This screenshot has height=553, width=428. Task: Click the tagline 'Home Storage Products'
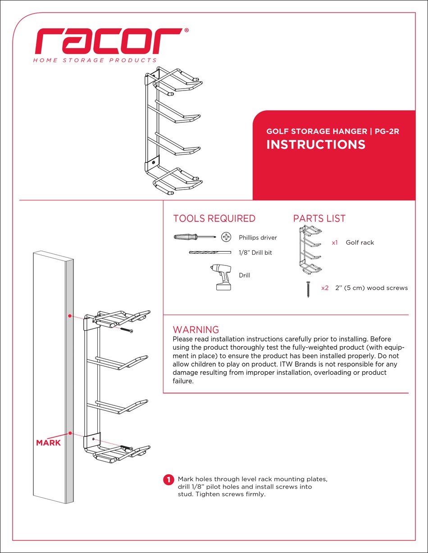coord(95,60)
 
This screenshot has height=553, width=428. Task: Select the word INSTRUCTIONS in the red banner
coord(316,144)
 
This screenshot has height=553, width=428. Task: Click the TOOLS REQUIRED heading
coord(214,219)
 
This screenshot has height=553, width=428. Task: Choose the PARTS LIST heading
coord(319,219)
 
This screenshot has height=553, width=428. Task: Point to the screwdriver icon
coord(194,237)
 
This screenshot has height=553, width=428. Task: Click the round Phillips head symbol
coord(227,237)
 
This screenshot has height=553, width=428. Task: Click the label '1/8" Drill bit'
coord(255,253)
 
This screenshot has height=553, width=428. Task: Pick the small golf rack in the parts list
coord(311,250)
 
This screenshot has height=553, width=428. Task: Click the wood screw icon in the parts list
coord(308,289)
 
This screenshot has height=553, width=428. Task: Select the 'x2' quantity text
coord(325,288)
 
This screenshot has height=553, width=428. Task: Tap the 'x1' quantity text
coord(335,243)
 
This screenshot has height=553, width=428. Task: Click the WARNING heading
coord(196,330)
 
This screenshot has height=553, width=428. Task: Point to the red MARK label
coord(48,443)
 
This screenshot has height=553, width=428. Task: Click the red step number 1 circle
coord(168,480)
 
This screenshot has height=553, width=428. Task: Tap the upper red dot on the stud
coord(70,316)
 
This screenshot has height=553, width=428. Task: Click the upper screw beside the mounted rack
coord(126,331)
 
